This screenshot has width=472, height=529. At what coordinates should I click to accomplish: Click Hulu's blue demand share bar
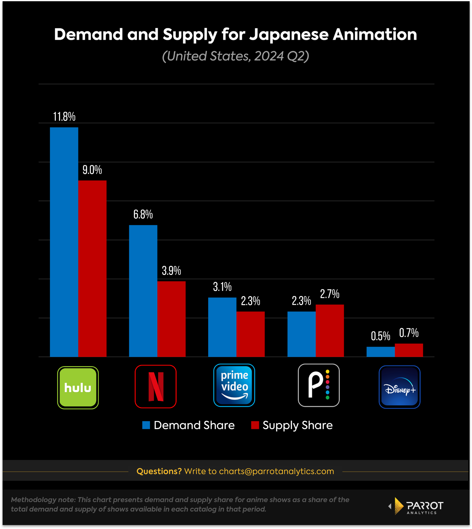click(x=64, y=242)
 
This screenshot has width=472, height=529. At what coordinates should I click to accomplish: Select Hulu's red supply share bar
click(x=92, y=268)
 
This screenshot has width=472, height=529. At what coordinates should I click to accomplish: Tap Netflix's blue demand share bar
click(x=143, y=291)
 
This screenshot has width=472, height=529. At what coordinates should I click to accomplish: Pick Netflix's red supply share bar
click(x=171, y=319)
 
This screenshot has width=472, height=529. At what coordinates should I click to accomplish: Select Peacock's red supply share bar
click(x=330, y=330)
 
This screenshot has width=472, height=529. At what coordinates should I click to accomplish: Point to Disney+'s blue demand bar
click(x=381, y=352)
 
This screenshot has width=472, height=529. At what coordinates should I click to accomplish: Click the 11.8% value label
click(x=64, y=117)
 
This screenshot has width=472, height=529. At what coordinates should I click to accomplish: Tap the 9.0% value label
click(x=92, y=170)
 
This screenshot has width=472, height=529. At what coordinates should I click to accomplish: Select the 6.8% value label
click(x=143, y=214)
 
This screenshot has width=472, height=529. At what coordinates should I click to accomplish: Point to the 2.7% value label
click(x=330, y=294)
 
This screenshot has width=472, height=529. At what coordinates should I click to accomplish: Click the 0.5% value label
click(x=381, y=336)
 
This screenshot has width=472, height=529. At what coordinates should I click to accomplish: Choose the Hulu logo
click(x=78, y=387)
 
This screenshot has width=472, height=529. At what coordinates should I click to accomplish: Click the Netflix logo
click(x=155, y=386)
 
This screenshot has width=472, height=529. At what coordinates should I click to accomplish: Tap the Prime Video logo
click(x=234, y=385)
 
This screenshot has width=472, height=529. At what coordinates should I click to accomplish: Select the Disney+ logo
click(x=399, y=387)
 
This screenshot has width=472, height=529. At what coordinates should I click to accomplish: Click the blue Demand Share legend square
click(x=146, y=425)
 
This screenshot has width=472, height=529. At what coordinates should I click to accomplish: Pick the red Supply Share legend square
click(x=255, y=425)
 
